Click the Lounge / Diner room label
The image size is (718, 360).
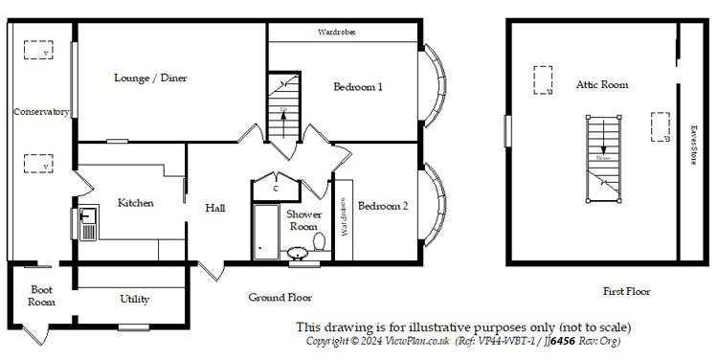click(x=149, y=79)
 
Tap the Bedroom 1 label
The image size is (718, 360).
click(x=358, y=87)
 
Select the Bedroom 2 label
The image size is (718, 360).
click(x=383, y=206)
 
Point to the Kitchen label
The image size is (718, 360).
click(x=136, y=203)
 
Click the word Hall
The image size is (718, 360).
click(x=214, y=208)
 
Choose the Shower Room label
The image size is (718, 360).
click(x=304, y=220)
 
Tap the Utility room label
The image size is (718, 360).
click(x=134, y=300)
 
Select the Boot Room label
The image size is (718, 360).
click(x=41, y=295)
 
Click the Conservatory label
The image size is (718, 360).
click(x=40, y=112)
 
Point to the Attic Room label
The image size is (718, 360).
click(x=602, y=85)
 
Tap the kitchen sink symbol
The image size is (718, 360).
click(x=86, y=224)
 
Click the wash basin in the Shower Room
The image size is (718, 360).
click(x=299, y=253)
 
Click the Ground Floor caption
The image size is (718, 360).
click(x=280, y=298)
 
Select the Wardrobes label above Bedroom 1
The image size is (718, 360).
click(x=336, y=33)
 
